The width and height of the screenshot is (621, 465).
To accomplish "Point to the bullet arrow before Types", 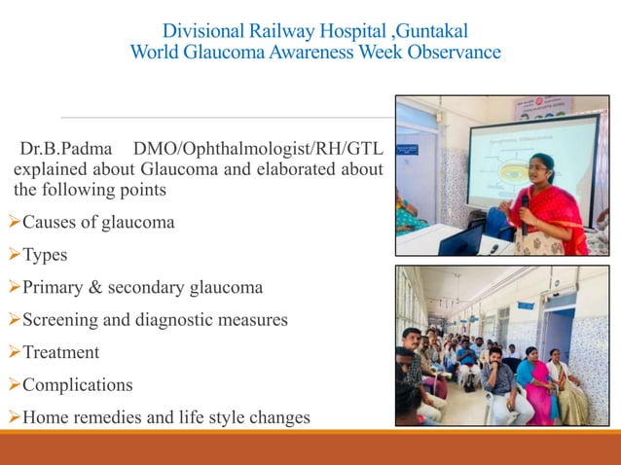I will (x=14, y=255).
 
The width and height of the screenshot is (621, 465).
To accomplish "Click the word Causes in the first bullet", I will (x=50, y=223).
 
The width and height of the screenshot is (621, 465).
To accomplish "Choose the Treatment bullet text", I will (x=60, y=352).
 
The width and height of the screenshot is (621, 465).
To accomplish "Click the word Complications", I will (x=77, y=385).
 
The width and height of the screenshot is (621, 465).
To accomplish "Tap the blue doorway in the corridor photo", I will (x=558, y=331).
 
